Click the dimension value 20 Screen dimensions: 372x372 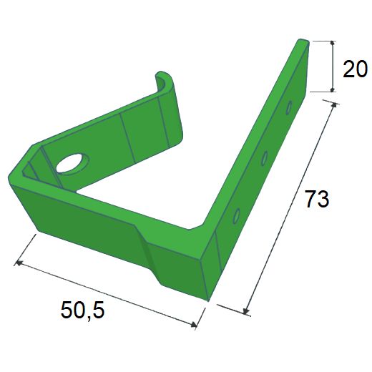pos(355,69)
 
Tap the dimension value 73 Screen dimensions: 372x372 pos(317,198)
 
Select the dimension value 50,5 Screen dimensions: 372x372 pos(82,310)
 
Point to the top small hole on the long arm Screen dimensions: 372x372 pos(289,107)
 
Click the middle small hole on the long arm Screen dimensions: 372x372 pos(264,158)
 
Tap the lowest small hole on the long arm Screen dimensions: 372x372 pos(236,216)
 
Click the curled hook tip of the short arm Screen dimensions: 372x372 pos(162,77)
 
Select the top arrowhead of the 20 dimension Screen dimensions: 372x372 pos(333,43)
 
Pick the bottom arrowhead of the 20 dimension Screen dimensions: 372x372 pos(333,89)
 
